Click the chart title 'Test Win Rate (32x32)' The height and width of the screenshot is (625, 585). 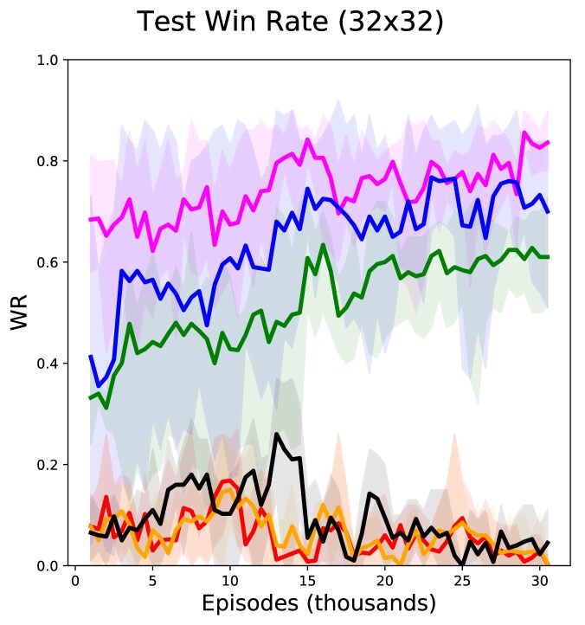291,22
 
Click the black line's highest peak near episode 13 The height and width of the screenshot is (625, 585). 276,435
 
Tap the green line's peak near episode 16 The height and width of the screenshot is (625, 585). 323,245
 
